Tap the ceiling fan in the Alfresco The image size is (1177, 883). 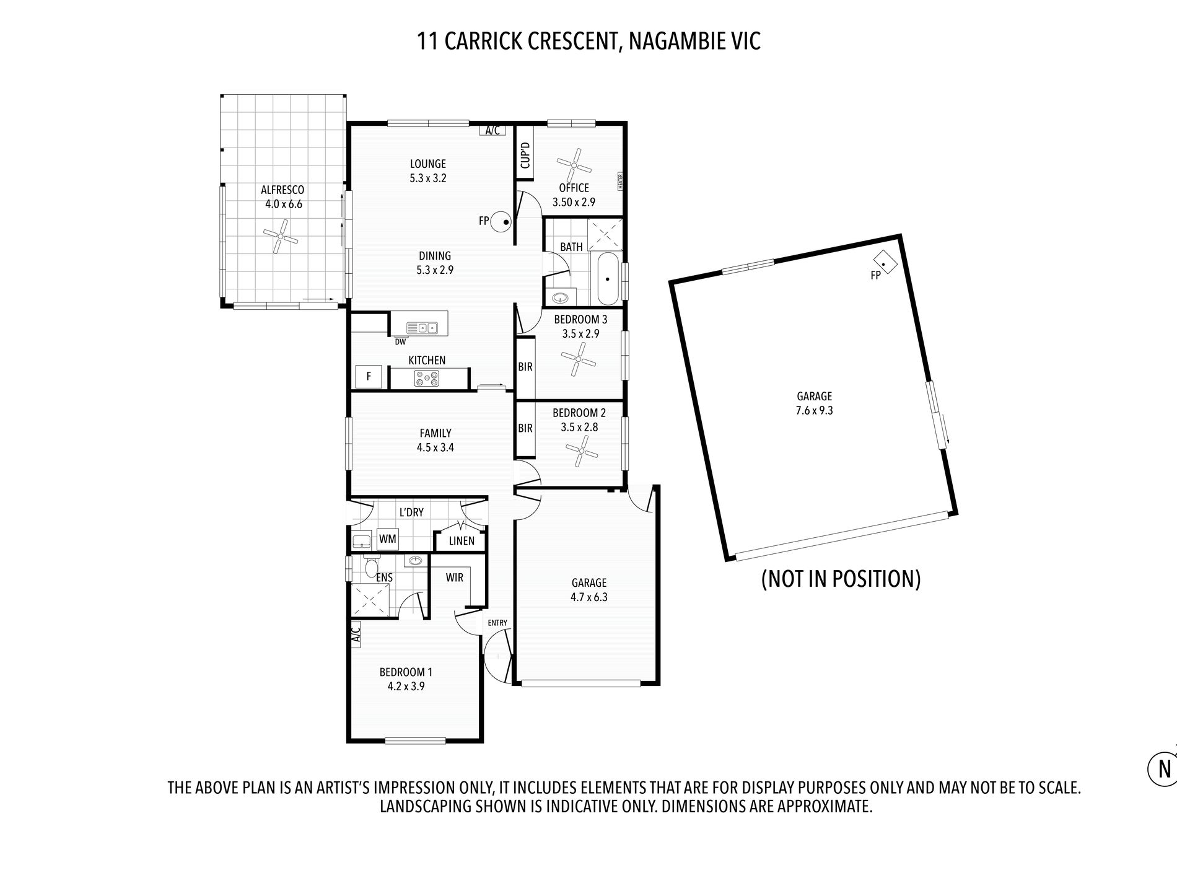coord(280,236)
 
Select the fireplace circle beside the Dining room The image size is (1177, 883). coord(502,222)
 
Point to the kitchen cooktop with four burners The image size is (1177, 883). coord(427,378)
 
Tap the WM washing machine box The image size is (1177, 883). coord(387,539)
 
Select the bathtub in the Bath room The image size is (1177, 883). coord(606,279)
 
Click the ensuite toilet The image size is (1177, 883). coord(372,566)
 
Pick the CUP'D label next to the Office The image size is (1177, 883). coord(525,155)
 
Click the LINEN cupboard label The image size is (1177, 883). coord(462,541)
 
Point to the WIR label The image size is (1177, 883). coord(455,578)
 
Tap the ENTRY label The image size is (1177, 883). coord(497,623)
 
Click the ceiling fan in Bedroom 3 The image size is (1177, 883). coord(579,359)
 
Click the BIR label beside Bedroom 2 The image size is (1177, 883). coord(525,428)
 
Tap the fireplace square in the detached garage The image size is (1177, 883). coord(886,262)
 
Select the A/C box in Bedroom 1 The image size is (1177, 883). coord(355,635)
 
